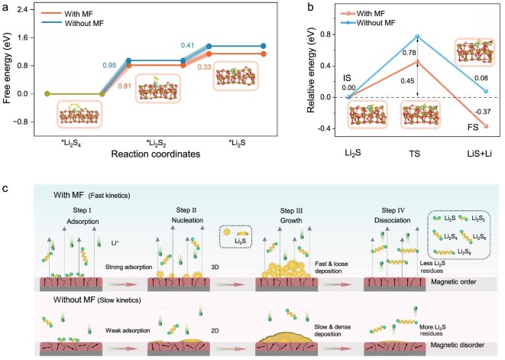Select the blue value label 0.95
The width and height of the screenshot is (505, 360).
click(109, 66)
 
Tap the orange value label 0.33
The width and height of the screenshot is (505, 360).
click(205, 67)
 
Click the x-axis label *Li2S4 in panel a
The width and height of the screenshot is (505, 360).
click(71, 143)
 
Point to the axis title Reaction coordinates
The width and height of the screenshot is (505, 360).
click(156, 154)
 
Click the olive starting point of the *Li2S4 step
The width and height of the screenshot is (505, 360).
click(47, 94)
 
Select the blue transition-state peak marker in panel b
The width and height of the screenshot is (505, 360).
click(417, 37)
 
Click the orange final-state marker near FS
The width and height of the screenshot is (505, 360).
click(486, 126)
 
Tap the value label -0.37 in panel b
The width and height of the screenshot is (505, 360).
click(483, 112)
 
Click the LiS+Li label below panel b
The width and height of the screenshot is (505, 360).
click(480, 154)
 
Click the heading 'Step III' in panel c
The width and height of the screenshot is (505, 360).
click(291, 211)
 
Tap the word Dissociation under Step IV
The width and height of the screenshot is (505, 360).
click(392, 220)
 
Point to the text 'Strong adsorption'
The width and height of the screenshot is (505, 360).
click(128, 268)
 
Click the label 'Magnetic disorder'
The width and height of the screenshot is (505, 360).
click(457, 345)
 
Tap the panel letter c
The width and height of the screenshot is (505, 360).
click(5, 189)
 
